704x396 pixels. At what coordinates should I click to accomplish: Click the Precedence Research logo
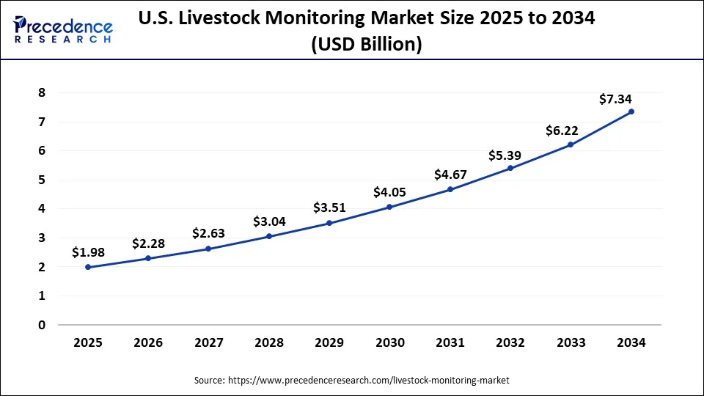coord(63,29)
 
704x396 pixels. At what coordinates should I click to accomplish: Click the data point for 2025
coord(88,267)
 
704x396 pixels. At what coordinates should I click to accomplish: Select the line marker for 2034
coord(631,111)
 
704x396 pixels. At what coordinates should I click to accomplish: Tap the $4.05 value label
coord(389,193)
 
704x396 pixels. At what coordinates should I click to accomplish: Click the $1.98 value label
coord(88,252)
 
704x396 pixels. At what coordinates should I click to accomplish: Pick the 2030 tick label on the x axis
coord(389,343)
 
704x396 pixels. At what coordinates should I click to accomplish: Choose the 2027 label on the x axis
coord(208,343)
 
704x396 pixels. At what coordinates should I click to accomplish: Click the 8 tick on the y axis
coord(42,93)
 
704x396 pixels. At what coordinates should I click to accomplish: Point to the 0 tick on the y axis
coord(42,325)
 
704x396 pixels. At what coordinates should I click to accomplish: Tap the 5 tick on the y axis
coord(42,180)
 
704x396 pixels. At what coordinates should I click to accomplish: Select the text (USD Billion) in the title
coord(366,44)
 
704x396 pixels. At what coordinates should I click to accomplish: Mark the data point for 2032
coord(510,168)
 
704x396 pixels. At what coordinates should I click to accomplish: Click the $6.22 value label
coord(562,131)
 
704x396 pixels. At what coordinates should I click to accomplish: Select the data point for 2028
coord(269,236)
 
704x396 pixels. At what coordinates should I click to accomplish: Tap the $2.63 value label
coord(208,233)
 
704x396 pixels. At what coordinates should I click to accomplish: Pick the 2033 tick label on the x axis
coord(571,343)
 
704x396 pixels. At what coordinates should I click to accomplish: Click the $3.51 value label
coord(329,208)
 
